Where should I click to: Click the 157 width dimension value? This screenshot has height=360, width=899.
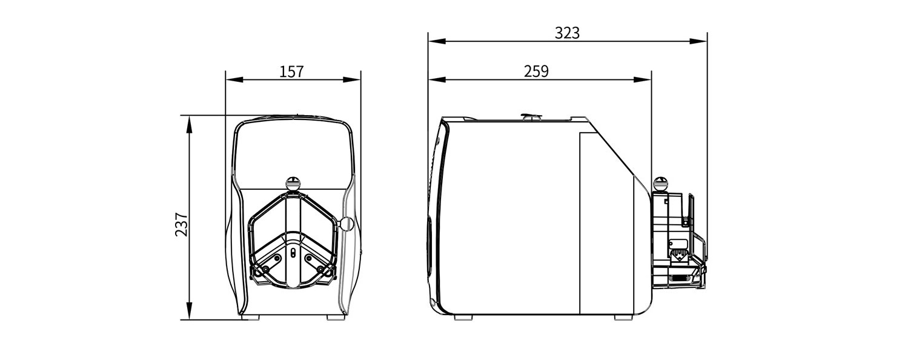click(x=292, y=72)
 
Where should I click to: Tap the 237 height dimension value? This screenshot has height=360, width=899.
click(x=181, y=225)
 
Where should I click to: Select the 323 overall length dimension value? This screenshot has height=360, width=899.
click(x=567, y=33)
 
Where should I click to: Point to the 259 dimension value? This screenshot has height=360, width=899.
click(x=536, y=71)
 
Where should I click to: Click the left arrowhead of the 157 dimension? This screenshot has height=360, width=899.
click(x=234, y=80)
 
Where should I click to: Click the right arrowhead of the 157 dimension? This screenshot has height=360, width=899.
click(x=352, y=80)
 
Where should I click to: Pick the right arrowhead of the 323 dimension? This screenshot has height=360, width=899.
click(x=698, y=41)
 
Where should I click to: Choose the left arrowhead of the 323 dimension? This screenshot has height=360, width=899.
click(x=437, y=41)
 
